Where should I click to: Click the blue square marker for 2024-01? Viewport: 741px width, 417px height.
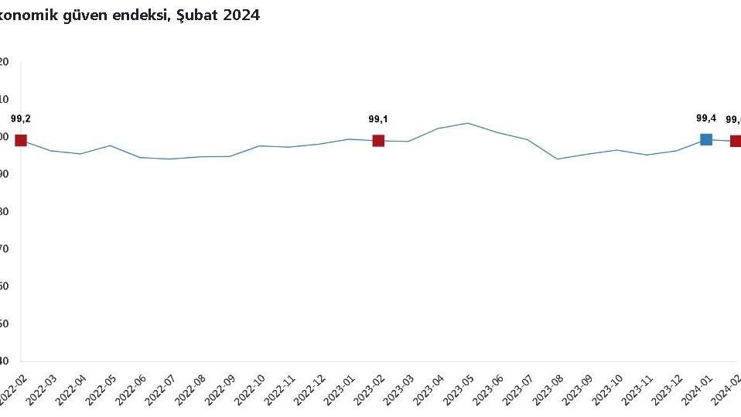click(x=706, y=139)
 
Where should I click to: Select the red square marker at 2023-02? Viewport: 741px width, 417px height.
click(x=378, y=141)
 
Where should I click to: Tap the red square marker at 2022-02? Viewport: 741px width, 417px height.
click(x=21, y=140)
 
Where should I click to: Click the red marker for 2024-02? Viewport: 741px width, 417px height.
click(x=736, y=141)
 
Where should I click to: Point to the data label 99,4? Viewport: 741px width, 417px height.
click(x=706, y=118)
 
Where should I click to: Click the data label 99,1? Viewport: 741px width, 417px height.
click(x=378, y=119)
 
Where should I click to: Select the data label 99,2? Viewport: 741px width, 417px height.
click(x=21, y=119)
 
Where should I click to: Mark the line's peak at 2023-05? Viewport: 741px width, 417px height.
click(x=468, y=123)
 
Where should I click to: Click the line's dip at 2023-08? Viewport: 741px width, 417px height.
click(x=557, y=159)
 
